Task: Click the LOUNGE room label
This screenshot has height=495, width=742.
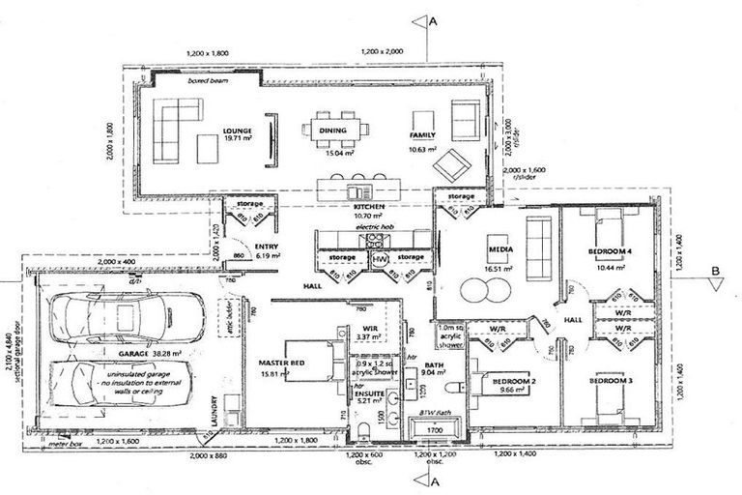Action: tap(237, 131)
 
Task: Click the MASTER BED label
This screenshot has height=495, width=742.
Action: tap(281, 363)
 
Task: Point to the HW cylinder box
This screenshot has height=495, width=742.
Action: tap(380, 259)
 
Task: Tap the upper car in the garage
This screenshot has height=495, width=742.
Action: tap(120, 315)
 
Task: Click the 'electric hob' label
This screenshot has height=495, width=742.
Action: tap(371, 225)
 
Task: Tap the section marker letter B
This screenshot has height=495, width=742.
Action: tap(716, 271)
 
